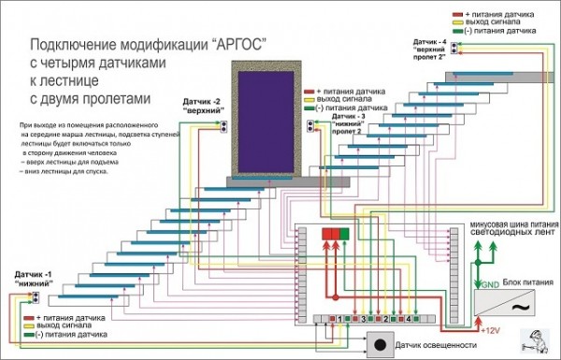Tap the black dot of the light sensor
381,345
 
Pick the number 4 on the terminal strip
408,319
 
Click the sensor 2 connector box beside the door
225,123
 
